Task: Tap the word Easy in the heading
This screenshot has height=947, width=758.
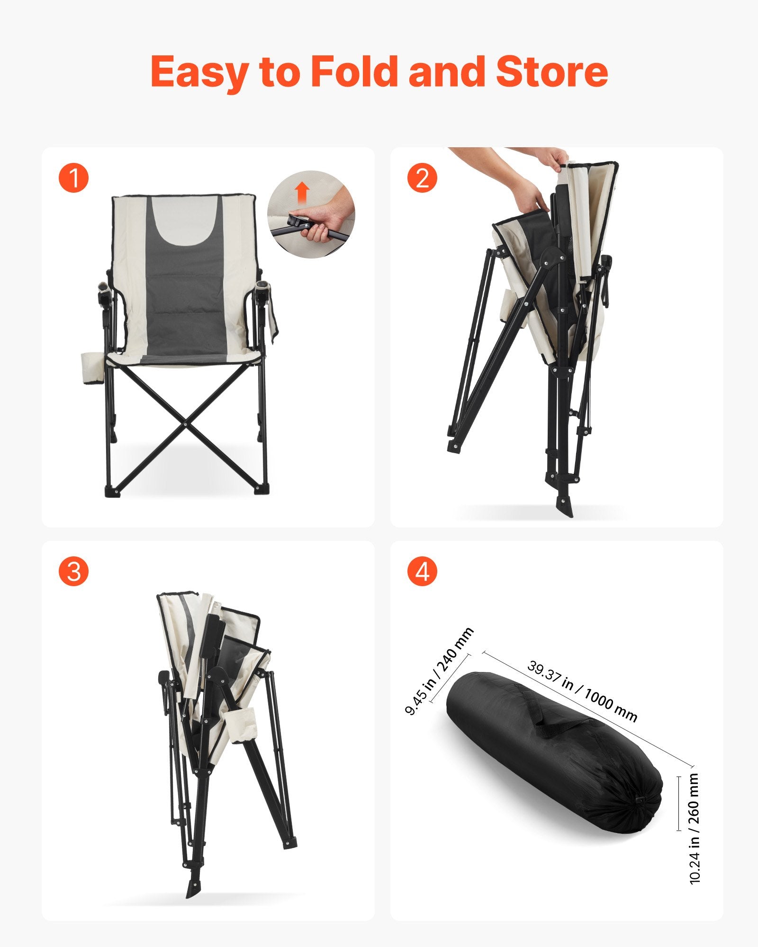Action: [x=199, y=72]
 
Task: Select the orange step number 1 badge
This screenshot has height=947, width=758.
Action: [x=73, y=178]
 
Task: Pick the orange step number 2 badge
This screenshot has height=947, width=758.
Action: [x=422, y=178]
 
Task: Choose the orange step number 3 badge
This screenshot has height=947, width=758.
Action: [x=73, y=571]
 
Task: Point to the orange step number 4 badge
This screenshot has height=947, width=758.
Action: [x=422, y=571]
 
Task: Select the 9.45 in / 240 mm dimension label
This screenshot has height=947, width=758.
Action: [x=439, y=672]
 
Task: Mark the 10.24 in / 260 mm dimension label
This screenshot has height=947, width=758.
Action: [x=695, y=829]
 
